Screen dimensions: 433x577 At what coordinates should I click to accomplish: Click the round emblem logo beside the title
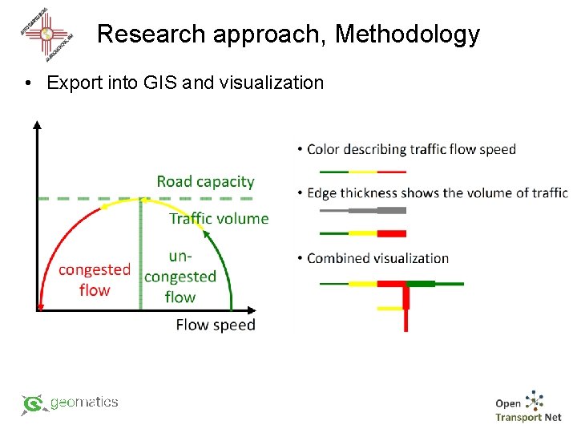pyautogui.click(x=46, y=34)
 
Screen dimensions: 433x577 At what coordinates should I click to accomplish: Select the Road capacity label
pyautogui.click(x=205, y=182)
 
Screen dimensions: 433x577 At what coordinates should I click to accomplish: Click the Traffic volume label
pyautogui.click(x=219, y=218)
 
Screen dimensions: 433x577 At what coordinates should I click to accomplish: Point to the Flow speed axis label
pyautogui.click(x=215, y=325)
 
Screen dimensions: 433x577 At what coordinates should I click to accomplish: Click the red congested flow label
pyautogui.click(x=95, y=279)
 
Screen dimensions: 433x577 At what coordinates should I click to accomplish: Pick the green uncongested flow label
pyautogui.click(x=180, y=277)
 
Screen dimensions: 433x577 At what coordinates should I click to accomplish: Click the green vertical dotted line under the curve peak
pyautogui.click(x=142, y=257)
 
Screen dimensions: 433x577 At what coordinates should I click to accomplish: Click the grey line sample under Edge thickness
pyautogui.click(x=362, y=211)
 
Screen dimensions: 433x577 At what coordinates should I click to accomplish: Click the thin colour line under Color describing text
pyautogui.click(x=362, y=172)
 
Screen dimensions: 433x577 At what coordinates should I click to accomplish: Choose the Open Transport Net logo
pyautogui.click(x=528, y=407)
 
